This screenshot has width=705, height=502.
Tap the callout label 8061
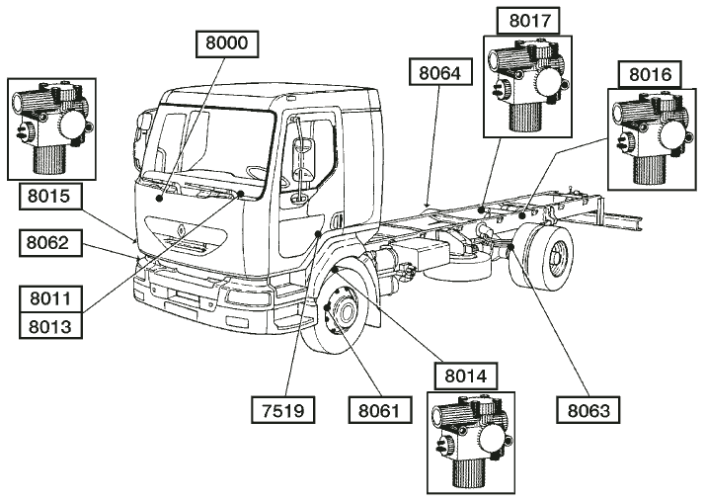point(381,407)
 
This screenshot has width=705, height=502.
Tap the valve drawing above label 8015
point(51,129)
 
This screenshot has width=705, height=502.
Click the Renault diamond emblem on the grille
point(181,229)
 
